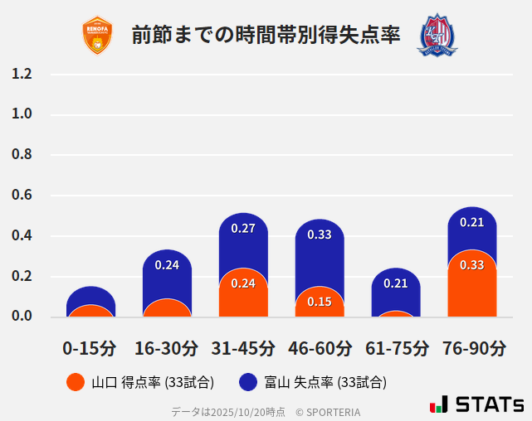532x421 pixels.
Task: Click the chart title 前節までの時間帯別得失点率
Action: click(x=266, y=36)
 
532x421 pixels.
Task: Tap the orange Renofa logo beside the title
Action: click(x=97, y=36)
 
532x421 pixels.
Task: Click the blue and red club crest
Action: click(x=437, y=35)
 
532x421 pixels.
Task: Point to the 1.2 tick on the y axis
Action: click(x=22, y=74)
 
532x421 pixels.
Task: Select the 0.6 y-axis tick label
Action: click(x=22, y=196)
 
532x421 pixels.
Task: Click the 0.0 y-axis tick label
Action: click(x=22, y=317)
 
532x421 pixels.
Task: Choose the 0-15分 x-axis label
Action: click(x=90, y=348)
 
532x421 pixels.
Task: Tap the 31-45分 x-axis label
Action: click(x=242, y=348)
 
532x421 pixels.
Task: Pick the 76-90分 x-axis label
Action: click(x=472, y=348)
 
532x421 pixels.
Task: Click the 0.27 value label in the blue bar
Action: click(x=243, y=228)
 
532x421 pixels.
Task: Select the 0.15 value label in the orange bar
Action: click(x=320, y=302)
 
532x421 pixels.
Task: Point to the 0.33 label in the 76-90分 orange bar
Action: click(x=471, y=265)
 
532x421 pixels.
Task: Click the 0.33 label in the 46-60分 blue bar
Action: click(x=320, y=235)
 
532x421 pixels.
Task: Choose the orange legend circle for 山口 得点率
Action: click(x=76, y=382)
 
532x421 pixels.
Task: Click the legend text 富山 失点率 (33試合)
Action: click(x=325, y=382)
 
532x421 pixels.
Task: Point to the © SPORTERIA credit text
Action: click(x=328, y=411)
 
